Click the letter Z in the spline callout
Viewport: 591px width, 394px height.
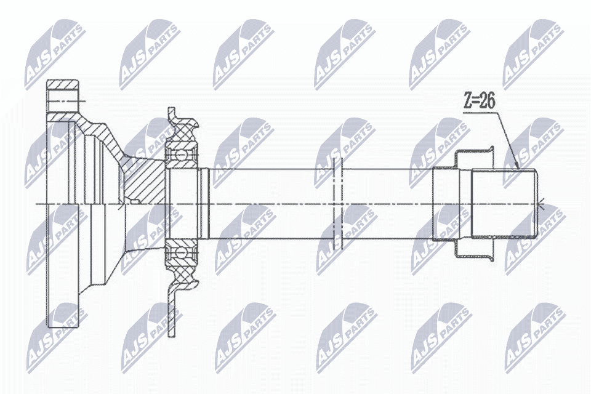(467, 102)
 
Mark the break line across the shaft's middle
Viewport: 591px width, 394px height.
(338, 204)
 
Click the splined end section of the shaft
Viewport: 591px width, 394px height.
(505, 204)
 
